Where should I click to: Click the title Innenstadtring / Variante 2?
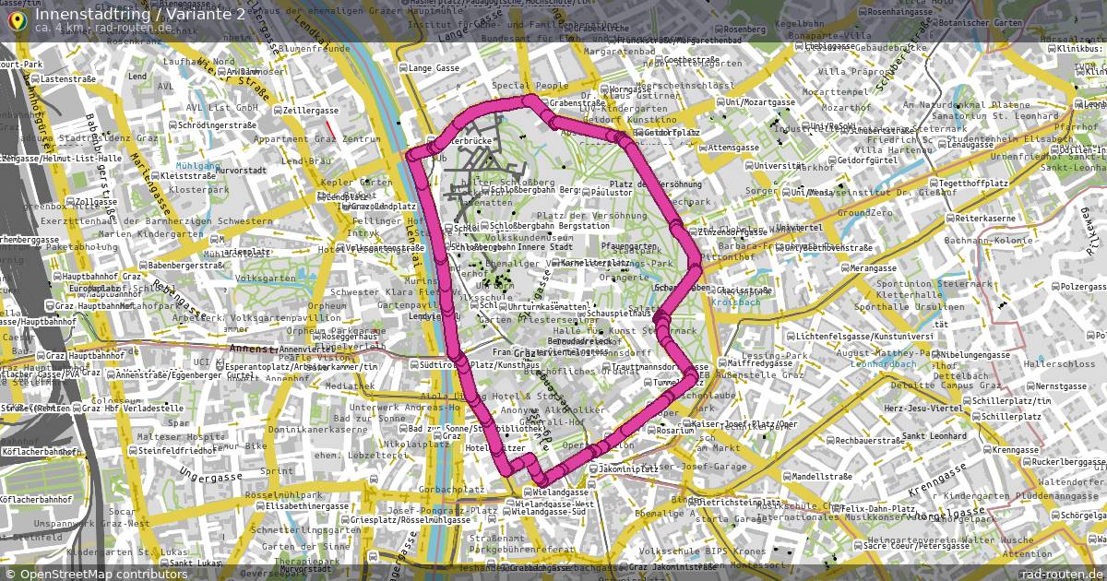pyautogui.click(x=140, y=14)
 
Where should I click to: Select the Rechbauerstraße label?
pyautogui.click(x=870, y=441)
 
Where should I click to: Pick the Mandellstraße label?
pyautogui.click(x=821, y=477)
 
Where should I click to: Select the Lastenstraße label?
pyautogui.click(x=69, y=79)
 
